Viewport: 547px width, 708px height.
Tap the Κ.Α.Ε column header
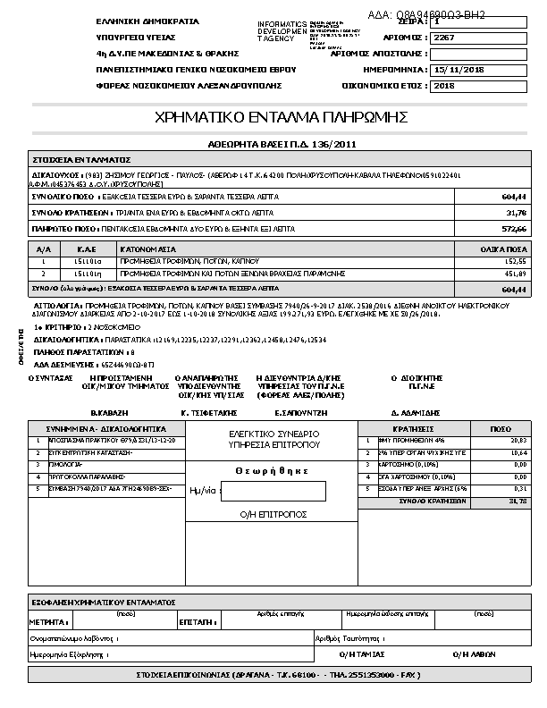tap(87, 248)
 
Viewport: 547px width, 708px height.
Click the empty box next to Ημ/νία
tap(273, 491)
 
